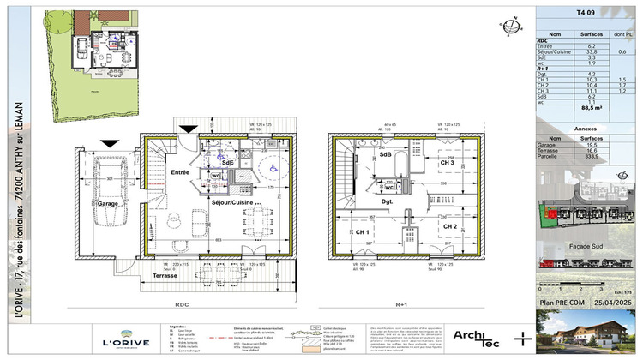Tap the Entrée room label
coord(179,172)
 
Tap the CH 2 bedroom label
coord(448,226)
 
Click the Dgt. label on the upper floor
coord(387,202)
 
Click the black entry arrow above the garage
coord(108,143)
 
